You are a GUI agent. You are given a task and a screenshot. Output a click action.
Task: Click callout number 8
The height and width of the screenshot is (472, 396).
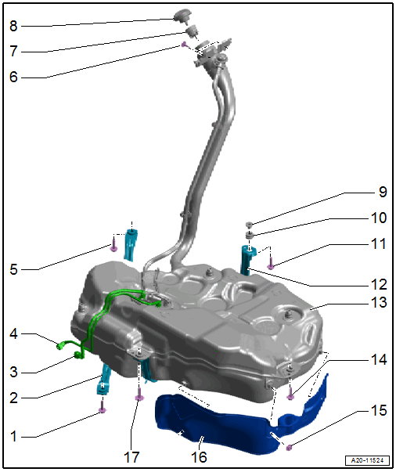(13, 26)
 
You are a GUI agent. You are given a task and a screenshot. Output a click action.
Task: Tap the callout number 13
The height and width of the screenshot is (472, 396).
(379, 302)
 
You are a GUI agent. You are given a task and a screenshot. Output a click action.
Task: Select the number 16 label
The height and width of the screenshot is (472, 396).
(200, 457)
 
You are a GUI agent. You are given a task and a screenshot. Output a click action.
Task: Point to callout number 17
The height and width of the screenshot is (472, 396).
(131, 457)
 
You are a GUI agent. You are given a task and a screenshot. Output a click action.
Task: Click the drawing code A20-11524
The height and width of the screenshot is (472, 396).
(367, 460)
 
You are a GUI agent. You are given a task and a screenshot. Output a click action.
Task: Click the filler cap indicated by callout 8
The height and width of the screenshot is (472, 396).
(182, 15)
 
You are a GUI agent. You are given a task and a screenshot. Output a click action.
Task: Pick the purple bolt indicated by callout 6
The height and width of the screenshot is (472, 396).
(184, 45)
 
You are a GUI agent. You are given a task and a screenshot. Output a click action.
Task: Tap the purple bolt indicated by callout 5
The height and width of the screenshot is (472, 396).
(113, 245)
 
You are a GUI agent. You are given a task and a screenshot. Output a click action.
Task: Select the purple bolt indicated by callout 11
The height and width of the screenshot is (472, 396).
(271, 263)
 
